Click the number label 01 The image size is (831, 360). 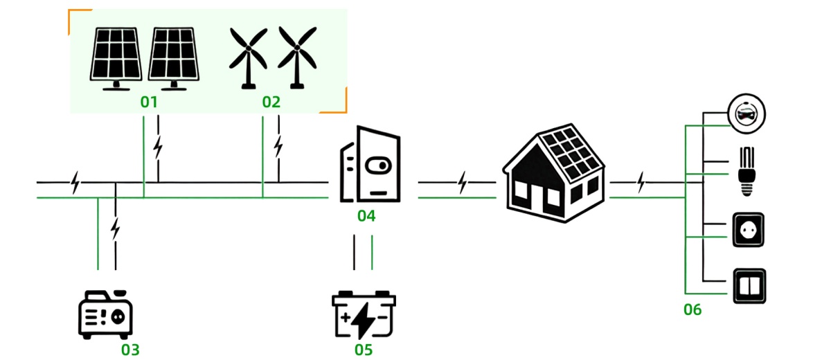point(149,102)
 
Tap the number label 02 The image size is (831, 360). point(271,102)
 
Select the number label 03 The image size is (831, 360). point(130,350)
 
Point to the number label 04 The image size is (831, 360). point(366,216)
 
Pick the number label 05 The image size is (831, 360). point(364,350)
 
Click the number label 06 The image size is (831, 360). point(692,309)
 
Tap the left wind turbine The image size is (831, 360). point(248,55)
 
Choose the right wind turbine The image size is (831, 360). point(297,55)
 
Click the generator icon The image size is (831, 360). point(105,315)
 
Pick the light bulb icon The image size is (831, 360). point(747,170)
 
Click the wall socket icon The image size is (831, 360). point(748,229)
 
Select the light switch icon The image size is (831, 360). point(749,285)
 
